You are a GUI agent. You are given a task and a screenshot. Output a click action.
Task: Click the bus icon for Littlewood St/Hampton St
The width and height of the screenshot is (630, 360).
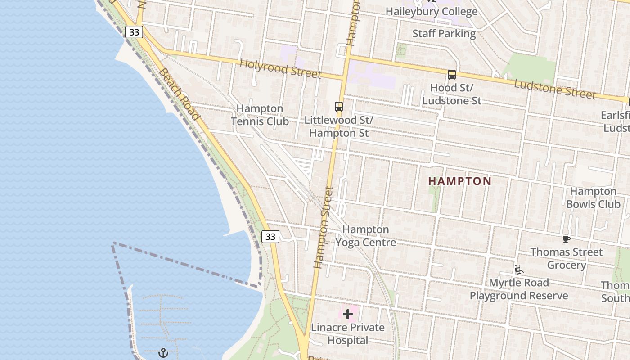click(339, 107)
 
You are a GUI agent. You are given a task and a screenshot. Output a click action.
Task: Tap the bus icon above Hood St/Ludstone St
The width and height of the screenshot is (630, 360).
click(452, 75)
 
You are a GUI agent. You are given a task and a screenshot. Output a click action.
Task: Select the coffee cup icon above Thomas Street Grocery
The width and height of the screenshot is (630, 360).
click(567, 239)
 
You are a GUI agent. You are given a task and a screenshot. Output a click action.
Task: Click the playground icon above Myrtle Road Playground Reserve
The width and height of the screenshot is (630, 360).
click(519, 270)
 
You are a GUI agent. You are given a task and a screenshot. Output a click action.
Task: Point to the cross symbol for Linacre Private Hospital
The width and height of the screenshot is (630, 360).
click(348, 314)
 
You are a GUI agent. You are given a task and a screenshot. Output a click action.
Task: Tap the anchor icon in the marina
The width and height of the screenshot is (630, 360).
click(163, 353)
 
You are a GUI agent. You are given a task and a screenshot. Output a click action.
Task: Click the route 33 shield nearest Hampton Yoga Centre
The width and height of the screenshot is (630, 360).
click(270, 236)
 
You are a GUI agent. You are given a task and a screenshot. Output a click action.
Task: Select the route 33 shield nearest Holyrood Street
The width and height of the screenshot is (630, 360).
click(134, 32)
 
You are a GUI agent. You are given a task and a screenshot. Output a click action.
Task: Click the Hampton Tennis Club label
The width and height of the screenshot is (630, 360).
click(260, 115)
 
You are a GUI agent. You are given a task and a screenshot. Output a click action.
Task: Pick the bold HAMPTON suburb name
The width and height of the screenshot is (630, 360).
click(460, 181)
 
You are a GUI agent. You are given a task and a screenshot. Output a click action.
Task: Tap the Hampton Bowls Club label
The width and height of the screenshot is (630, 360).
click(593, 198)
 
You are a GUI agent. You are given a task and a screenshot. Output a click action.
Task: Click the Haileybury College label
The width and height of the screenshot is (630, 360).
click(432, 11)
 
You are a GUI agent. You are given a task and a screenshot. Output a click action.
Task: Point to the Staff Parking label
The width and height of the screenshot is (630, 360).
click(444, 33)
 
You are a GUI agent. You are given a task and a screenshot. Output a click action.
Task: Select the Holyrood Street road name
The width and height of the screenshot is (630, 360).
click(280, 68)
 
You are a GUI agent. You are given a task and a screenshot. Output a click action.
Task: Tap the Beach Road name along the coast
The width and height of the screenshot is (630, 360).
click(179, 94)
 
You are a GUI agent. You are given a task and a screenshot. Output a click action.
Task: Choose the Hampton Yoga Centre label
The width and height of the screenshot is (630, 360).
click(366, 236)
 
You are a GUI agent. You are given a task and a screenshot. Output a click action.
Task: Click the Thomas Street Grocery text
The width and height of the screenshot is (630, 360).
click(567, 258)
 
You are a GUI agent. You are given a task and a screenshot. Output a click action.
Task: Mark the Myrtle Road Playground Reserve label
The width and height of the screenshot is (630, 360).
click(519, 289)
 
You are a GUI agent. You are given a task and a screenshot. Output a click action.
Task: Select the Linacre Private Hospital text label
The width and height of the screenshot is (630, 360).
click(348, 333)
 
